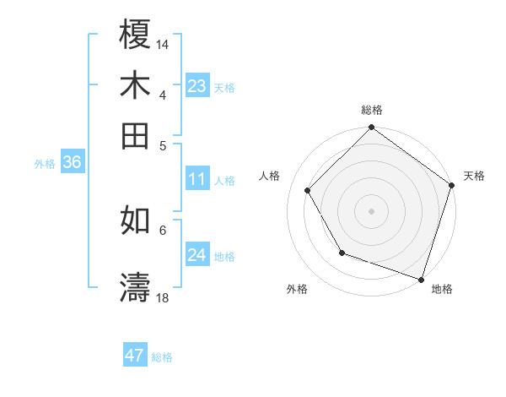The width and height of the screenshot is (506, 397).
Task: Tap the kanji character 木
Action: coord(135,85)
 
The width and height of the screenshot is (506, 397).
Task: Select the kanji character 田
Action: coord(135,135)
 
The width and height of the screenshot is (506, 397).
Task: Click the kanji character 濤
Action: coord(135,287)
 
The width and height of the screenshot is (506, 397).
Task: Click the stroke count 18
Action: coord(163,297)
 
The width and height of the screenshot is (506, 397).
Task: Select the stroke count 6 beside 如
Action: coord(163,229)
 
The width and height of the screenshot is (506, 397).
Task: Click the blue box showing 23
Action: coord(196,86)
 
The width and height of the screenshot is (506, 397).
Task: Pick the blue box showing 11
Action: coord(196,179)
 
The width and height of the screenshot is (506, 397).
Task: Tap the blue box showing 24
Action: coord(196,255)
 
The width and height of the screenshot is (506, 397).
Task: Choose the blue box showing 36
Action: coord(72,163)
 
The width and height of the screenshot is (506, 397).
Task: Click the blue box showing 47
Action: coord(135,356)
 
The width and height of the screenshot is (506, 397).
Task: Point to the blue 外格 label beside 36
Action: coord(45,164)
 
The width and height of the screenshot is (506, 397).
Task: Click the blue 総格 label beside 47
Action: coord(162,357)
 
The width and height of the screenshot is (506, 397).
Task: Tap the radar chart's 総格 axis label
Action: coord(371,111)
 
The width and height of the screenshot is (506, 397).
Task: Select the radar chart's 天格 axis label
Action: coord(474,176)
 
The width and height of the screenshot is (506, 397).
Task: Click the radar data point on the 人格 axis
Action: coord(308,190)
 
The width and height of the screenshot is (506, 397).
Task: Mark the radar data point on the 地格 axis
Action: coord(421,278)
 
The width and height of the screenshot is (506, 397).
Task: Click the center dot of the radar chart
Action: coord(371,210)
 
